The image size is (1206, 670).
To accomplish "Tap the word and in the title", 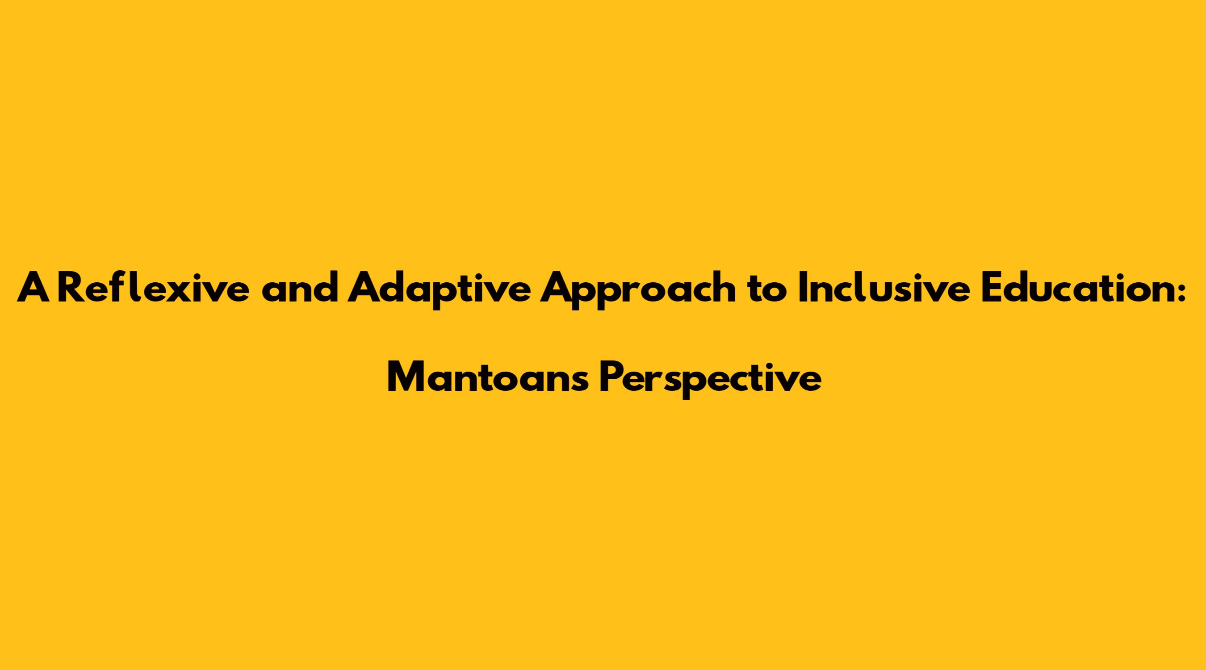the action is (300, 288).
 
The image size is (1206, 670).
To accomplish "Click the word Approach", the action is (639, 291).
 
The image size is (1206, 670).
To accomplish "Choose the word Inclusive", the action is (884, 288).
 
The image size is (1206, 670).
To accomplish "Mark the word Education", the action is (1076, 288).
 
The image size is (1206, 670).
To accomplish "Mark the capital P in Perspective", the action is (611, 378).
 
